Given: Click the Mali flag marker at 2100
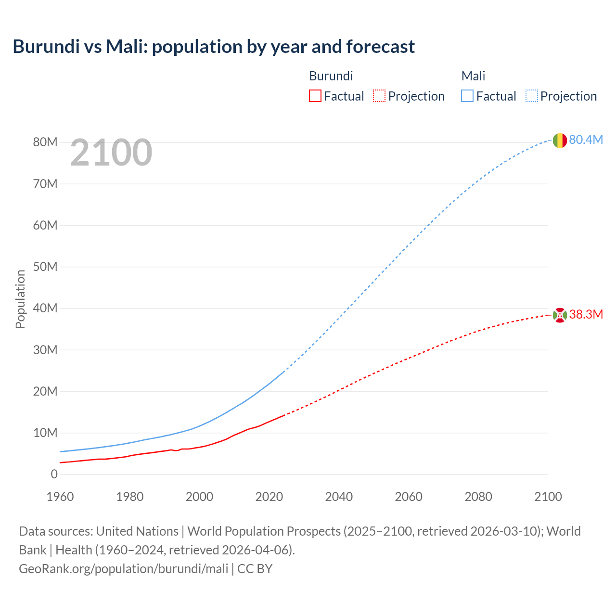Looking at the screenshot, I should [x=559, y=141].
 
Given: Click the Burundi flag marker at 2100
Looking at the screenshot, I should [x=559, y=315].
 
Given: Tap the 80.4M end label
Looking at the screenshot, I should [x=586, y=140].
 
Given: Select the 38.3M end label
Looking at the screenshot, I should [x=586, y=314].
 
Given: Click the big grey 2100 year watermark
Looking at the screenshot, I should [x=111, y=153].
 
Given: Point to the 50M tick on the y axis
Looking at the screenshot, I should [x=45, y=267].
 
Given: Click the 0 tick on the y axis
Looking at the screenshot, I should [x=54, y=474].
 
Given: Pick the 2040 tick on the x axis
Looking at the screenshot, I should [x=339, y=497].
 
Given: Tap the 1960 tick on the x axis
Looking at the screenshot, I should [x=60, y=497].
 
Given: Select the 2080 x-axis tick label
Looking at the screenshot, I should [x=478, y=497].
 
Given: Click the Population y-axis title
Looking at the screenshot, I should [x=20, y=299].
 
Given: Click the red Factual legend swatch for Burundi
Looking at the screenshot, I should [x=315, y=96].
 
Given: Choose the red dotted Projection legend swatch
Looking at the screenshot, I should [x=379, y=96].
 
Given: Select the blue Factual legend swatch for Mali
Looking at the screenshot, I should [x=467, y=96].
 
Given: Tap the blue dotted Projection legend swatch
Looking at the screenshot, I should [x=532, y=96].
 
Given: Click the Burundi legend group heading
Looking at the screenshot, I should [x=331, y=76].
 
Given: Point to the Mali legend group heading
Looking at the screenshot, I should [x=473, y=76].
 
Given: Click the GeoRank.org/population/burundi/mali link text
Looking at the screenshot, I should [x=124, y=568].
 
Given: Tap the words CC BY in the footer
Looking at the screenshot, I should [x=255, y=568].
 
